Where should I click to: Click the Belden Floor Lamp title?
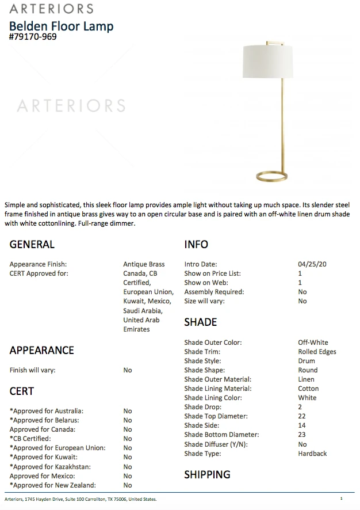click(62, 26)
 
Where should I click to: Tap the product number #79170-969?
click(33, 37)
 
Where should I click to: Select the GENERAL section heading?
click(32, 245)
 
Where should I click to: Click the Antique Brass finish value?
click(144, 264)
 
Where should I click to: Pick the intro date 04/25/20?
click(312, 264)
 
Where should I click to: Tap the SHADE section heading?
click(201, 322)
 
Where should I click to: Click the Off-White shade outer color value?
click(313, 342)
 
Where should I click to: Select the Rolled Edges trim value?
click(317, 352)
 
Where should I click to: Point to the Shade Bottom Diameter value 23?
click(302, 435)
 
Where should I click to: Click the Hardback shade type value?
click(312, 454)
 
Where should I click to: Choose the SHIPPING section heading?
click(207, 474)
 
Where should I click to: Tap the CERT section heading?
click(22, 391)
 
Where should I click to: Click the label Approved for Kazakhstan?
click(50, 467)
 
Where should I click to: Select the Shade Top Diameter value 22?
click(302, 416)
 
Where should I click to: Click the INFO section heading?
click(196, 245)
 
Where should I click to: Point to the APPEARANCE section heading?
click(42, 350)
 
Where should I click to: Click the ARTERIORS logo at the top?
click(51, 9)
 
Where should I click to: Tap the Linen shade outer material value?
click(306, 379)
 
